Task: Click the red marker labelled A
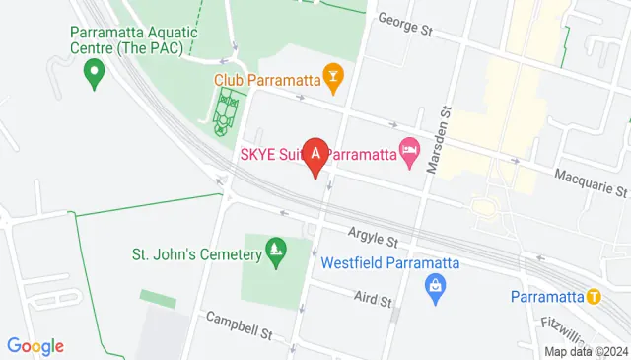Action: tap(315, 155)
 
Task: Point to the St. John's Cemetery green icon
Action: tap(277, 253)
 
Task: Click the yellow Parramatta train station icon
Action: tap(593, 296)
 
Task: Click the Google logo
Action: tap(35, 346)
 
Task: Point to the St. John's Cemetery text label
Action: tap(197, 253)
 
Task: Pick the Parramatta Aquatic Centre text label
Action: tap(134, 38)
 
